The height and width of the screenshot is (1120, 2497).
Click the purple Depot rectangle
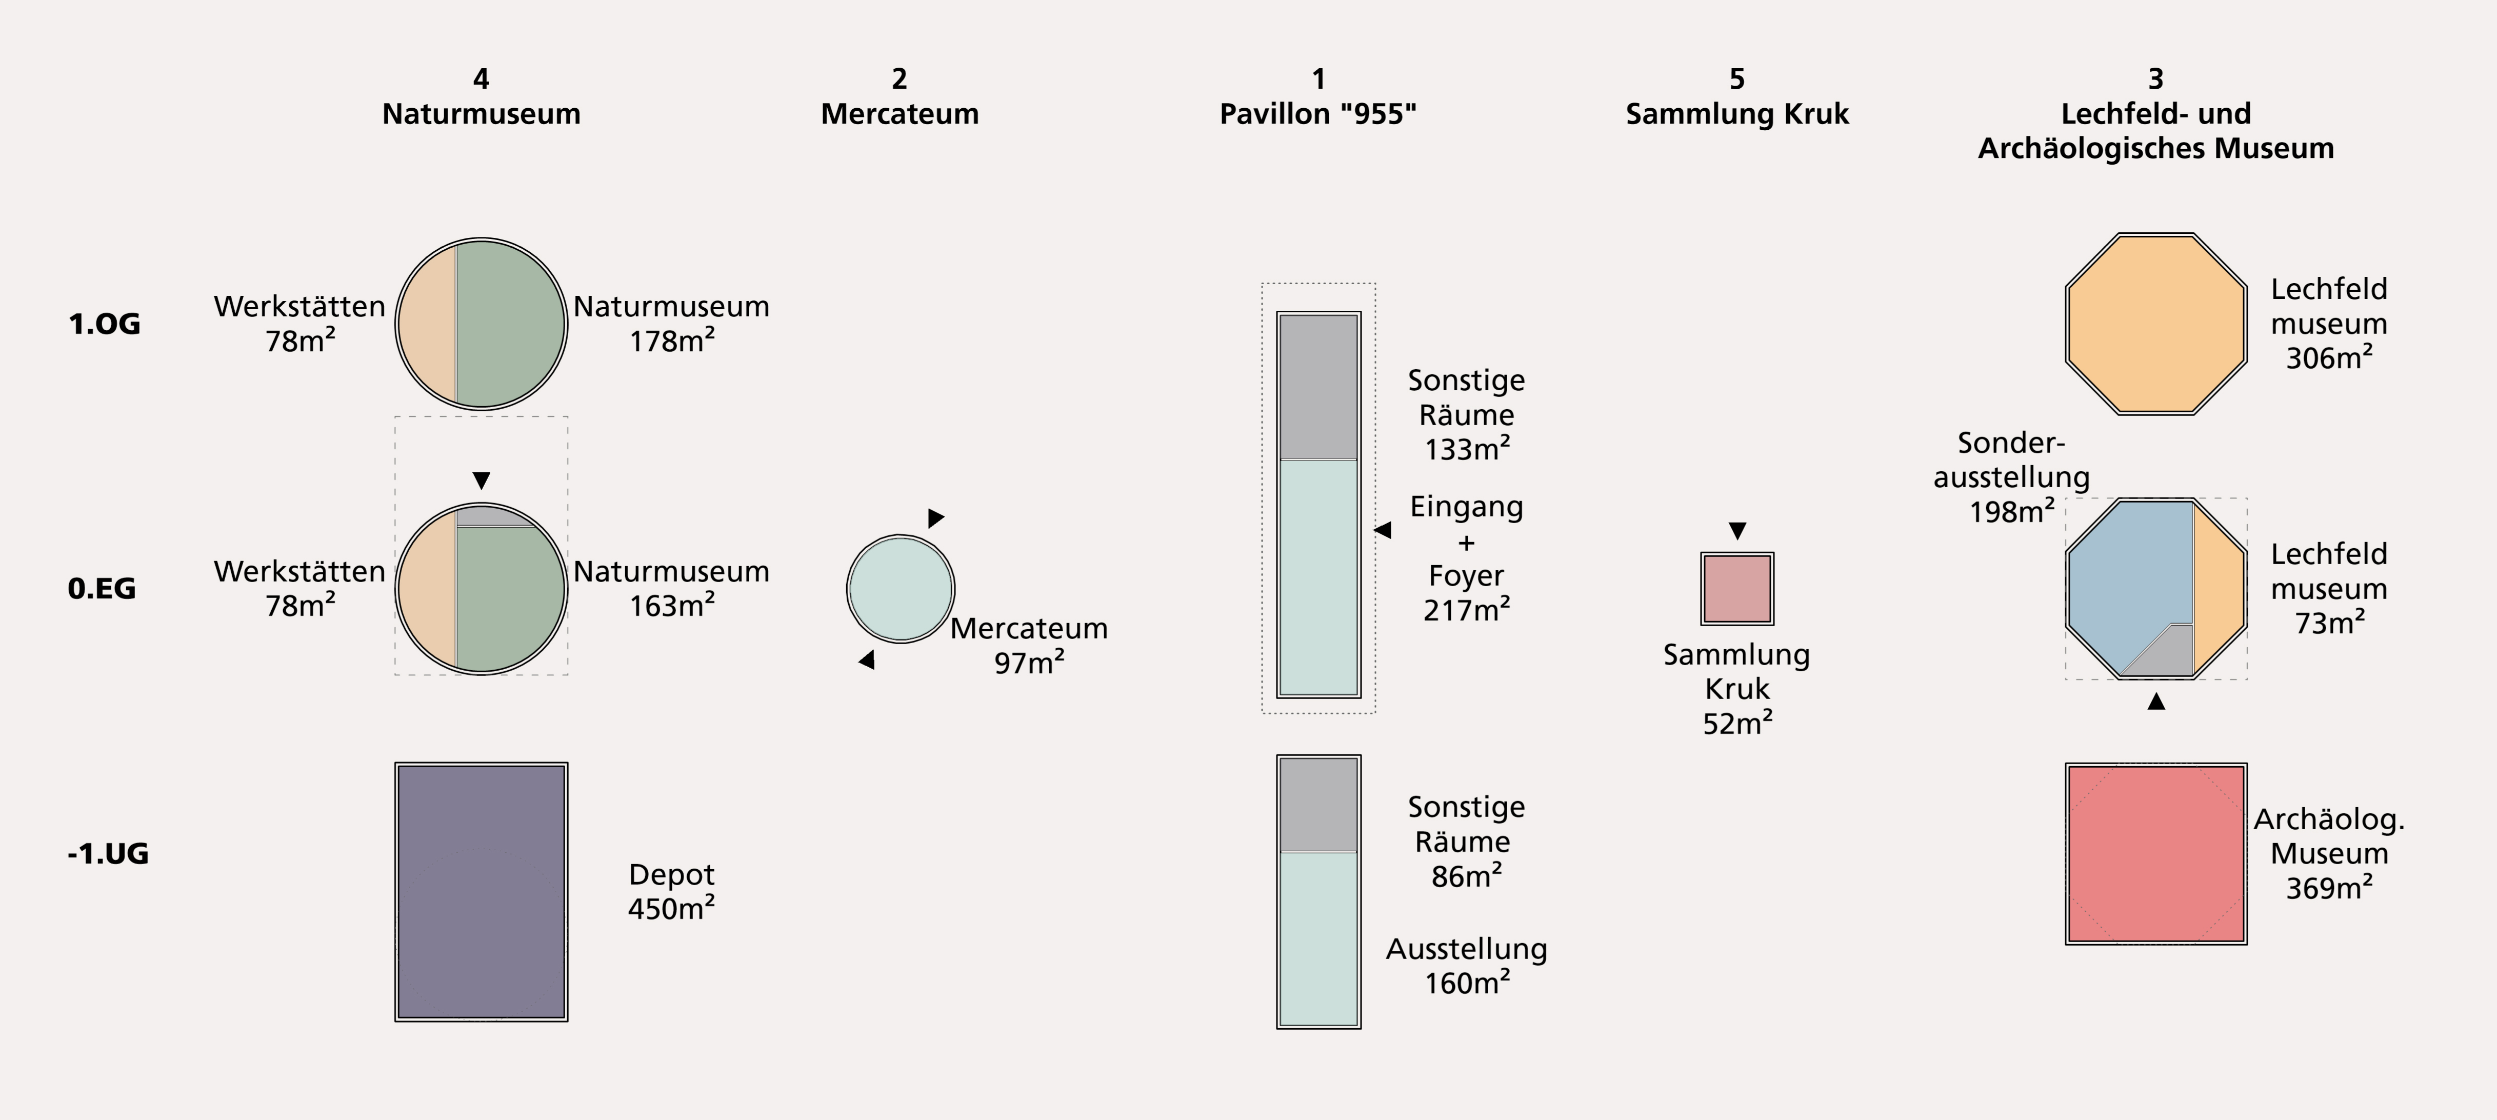pos(481,891)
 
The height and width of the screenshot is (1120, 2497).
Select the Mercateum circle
pos(901,589)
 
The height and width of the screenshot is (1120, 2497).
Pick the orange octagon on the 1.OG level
pos(2156,324)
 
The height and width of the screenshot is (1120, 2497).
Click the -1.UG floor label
pos(108,853)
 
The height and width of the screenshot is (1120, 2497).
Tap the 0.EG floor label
pos(102,589)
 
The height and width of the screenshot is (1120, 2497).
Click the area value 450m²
pos(671,909)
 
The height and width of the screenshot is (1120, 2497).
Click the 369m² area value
pos(2329,887)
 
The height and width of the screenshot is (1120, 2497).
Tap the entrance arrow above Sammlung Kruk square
pos(1737,530)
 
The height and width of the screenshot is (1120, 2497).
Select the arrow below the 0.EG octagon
pos(2156,700)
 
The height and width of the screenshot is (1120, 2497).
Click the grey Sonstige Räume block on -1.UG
pos(1319,805)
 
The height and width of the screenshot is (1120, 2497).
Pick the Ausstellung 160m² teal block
pos(1319,938)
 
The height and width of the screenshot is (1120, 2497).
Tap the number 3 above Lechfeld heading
pos(2156,78)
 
